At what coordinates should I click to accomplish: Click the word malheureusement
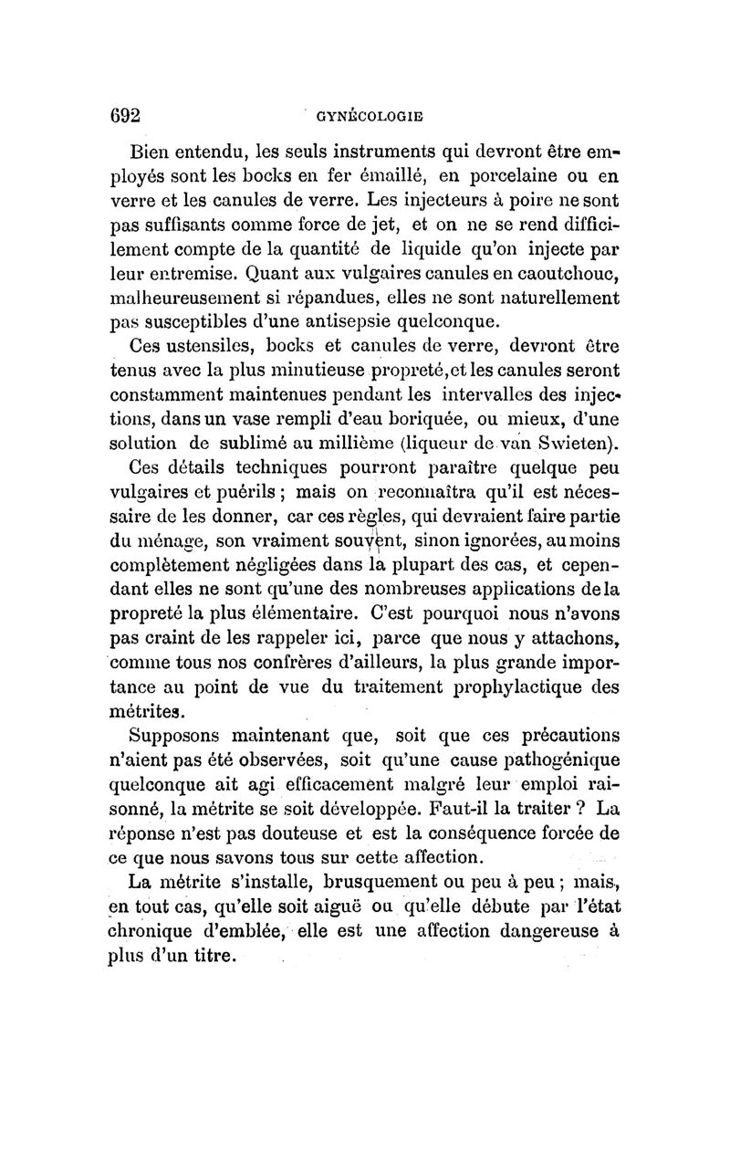[x=184, y=298]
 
